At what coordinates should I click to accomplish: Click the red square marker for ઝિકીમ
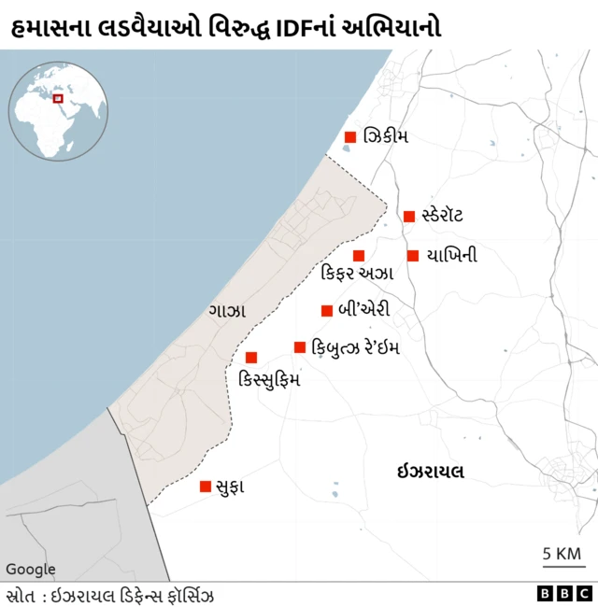(350, 137)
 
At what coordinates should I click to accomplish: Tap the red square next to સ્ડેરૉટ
(409, 217)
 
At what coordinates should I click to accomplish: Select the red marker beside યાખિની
(413, 256)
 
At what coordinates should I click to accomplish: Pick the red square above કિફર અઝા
(359, 256)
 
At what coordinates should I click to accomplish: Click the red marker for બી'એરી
(327, 311)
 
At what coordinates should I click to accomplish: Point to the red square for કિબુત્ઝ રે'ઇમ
(300, 347)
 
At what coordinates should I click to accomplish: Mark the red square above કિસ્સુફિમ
(251, 358)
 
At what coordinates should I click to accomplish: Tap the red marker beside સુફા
(206, 487)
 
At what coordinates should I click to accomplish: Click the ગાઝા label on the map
(228, 310)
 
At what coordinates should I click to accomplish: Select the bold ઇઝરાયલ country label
(430, 473)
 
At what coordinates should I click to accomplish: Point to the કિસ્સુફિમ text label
(270, 380)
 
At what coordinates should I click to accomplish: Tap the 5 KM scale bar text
(562, 554)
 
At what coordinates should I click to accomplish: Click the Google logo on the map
(31, 570)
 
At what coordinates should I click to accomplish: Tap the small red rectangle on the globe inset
(58, 98)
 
